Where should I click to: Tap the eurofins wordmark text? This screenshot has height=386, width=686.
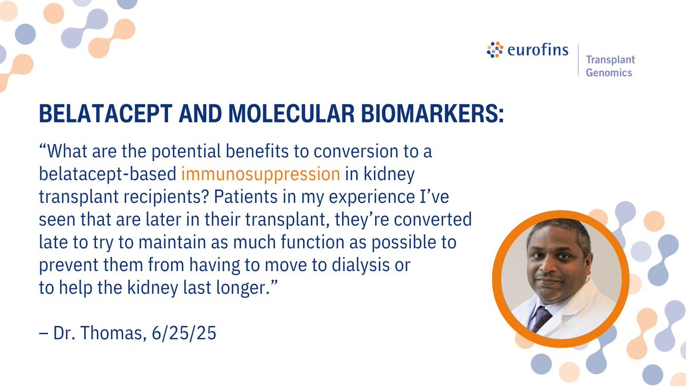pos(537,50)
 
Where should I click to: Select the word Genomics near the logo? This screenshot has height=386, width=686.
pos(609,73)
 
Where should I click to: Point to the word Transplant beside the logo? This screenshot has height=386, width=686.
pos(610,59)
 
